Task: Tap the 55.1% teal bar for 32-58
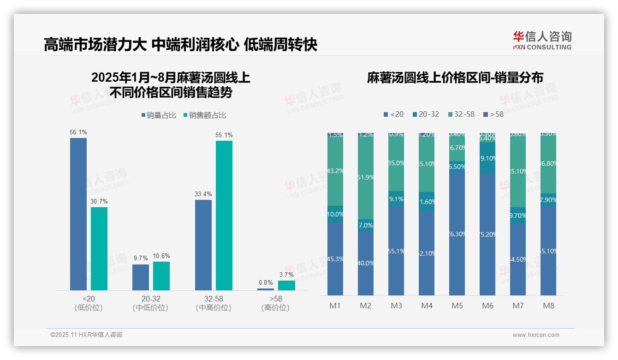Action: pyautogui.click(x=224, y=215)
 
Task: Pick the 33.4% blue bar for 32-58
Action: pyautogui.click(x=203, y=245)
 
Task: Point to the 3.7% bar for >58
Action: pyautogui.click(x=286, y=285)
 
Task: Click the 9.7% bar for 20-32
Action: pyautogui.click(x=141, y=277)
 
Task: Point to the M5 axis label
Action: pyautogui.click(x=457, y=306)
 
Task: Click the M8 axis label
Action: pyautogui.click(x=548, y=306)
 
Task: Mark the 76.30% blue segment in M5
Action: pyautogui.click(x=457, y=234)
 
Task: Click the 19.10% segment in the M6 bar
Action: pyautogui.click(x=487, y=158)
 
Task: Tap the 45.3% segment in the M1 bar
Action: pyautogui.click(x=335, y=258)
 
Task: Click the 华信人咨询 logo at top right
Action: pyautogui.click(x=542, y=40)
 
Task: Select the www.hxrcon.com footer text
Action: pyautogui.click(x=536, y=335)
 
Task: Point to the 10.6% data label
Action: pyautogui.click(x=161, y=256)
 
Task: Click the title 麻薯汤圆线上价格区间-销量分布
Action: pyautogui.click(x=455, y=78)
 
